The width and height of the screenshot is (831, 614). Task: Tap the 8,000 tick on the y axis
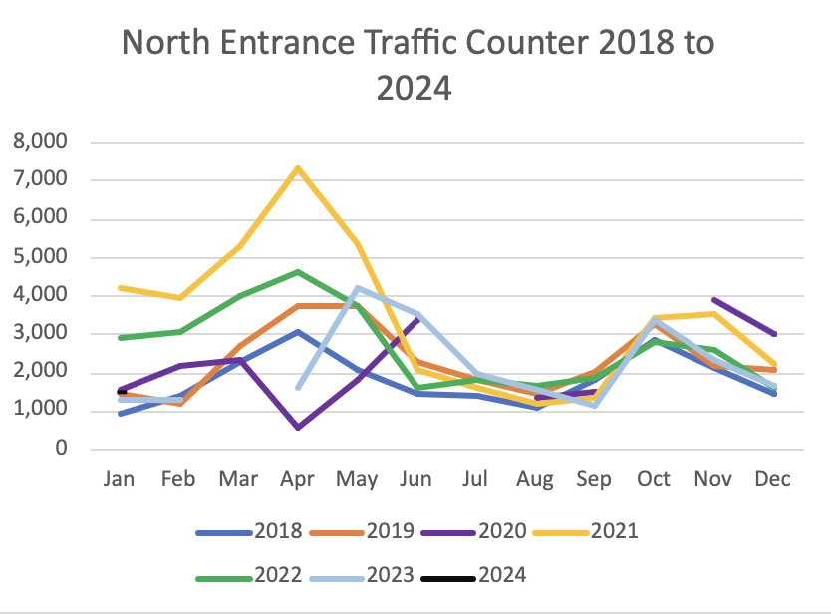[40, 143]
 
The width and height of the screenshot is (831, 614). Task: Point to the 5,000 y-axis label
[40, 257]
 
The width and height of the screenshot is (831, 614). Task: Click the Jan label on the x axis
[120, 479]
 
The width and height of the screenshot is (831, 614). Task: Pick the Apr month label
[298, 479]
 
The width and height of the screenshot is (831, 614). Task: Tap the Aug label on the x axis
[535, 479]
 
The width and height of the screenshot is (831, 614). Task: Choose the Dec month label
[772, 479]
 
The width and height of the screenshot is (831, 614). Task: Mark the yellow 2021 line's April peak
[298, 167]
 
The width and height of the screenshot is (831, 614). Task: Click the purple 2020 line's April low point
[298, 427]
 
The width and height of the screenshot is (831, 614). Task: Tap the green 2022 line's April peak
[298, 271]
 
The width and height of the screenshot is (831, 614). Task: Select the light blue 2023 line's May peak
[357, 288]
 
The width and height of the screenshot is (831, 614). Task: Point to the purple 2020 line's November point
[713, 299]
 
